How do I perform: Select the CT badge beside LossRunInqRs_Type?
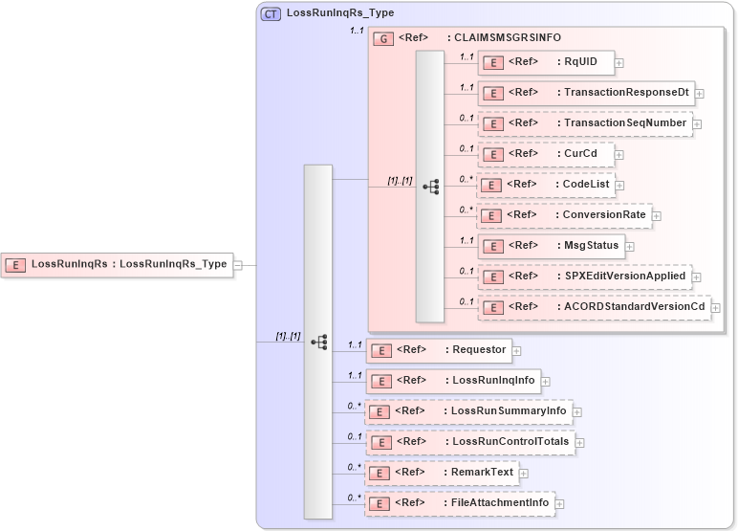[271, 14]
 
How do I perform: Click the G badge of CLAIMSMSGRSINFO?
[383, 38]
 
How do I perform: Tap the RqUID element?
[546, 62]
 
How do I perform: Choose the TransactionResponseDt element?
[585, 93]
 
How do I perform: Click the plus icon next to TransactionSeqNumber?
[698, 123]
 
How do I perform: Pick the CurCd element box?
[546, 154]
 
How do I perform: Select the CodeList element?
[546, 185]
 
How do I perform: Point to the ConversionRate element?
[564, 215]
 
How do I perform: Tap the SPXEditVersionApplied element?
[584, 277]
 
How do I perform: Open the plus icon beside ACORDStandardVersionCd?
[715, 307]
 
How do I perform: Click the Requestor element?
[440, 350]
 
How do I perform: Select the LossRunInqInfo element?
[454, 381]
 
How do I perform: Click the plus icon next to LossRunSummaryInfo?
[577, 411]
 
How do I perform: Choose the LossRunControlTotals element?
[471, 442]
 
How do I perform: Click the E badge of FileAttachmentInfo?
[379, 503]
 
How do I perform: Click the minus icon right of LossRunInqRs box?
[238, 265]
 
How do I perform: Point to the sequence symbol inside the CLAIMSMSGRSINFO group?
[430, 186]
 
